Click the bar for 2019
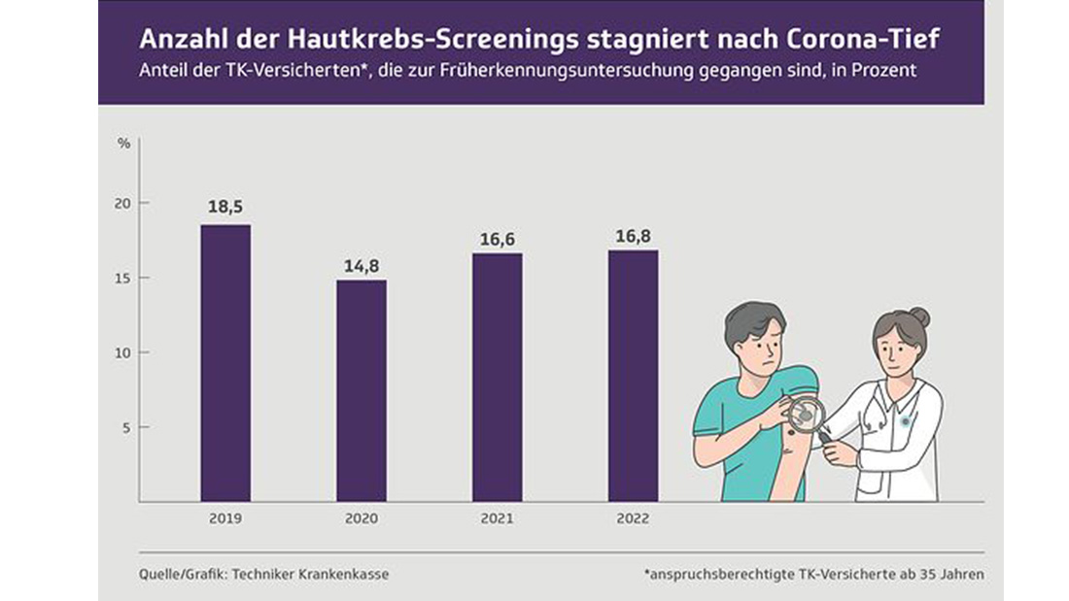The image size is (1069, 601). point(225,363)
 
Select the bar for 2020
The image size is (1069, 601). point(362,390)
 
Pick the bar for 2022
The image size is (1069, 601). point(634,376)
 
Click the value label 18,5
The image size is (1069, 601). point(225,208)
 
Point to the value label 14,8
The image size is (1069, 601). point(362,263)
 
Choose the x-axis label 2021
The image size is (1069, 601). point(497,519)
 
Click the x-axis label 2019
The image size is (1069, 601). point(224,519)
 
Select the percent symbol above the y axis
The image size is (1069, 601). point(124,144)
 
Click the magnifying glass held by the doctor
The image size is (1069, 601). point(806,415)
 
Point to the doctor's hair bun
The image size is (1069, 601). point(919,317)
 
